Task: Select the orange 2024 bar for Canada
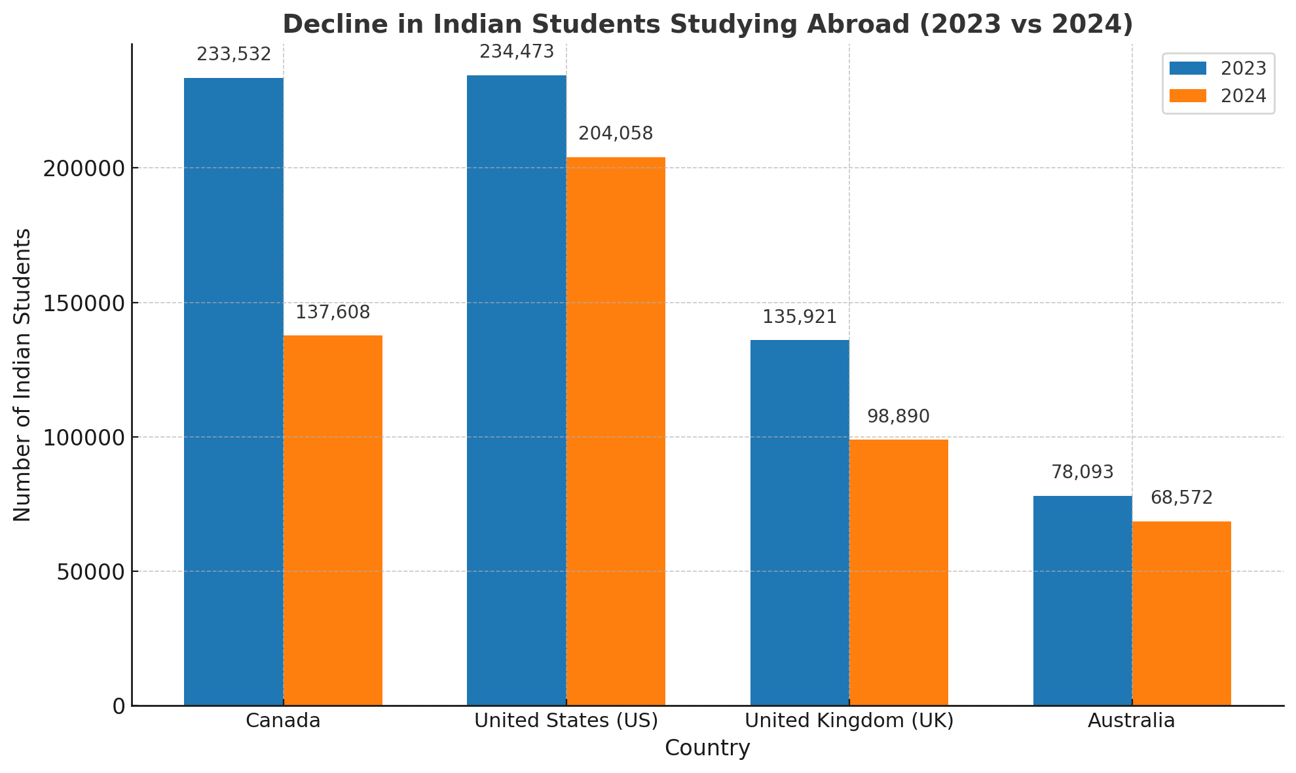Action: point(333,521)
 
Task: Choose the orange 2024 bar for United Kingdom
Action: point(898,573)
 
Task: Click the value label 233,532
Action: point(234,54)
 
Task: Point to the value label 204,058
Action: point(616,134)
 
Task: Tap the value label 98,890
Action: point(898,417)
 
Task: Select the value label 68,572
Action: point(1181,498)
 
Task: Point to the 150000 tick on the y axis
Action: point(84,303)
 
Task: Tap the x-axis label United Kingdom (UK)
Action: point(849,721)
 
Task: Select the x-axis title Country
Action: point(707,748)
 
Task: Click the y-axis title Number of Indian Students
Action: point(22,375)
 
